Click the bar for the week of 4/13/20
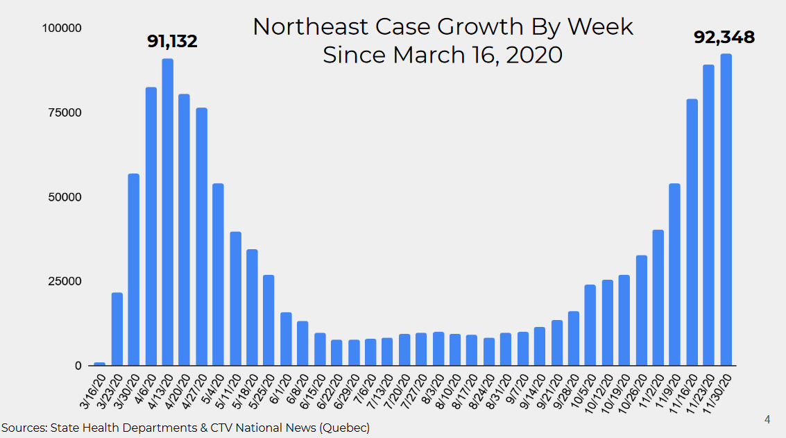coord(168,212)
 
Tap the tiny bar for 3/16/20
coord(100,364)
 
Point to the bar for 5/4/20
coord(218,274)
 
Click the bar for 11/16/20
coord(692,232)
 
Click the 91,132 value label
coord(172,42)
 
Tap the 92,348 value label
coord(724,37)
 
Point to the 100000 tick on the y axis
coord(62,28)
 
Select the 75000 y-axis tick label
coord(65,112)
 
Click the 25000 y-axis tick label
coord(65,281)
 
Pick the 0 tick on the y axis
coord(78,366)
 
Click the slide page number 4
coord(767,419)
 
